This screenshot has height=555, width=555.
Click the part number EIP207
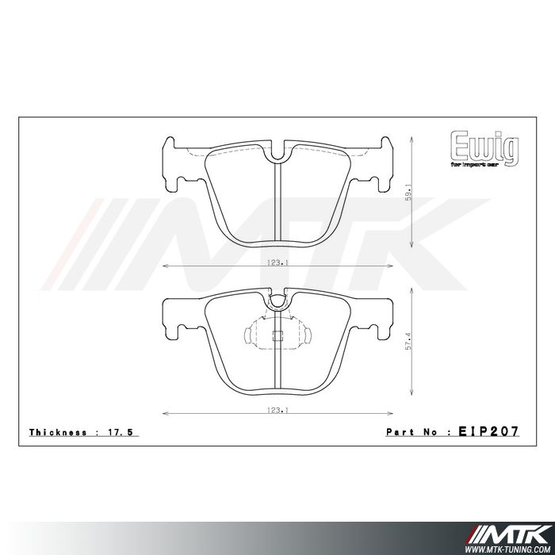point(488,432)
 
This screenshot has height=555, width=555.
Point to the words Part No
point(412,433)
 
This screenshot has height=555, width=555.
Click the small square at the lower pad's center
point(277,335)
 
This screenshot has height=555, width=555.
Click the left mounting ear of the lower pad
point(176,317)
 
